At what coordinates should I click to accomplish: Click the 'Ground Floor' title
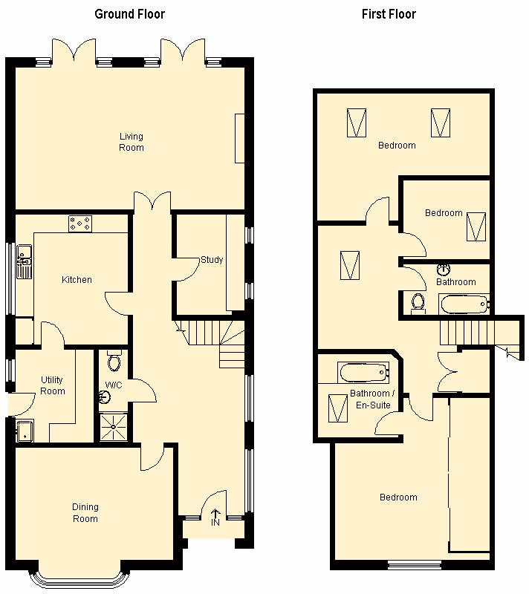pyautogui.click(x=129, y=14)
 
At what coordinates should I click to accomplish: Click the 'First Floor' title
pyautogui.click(x=389, y=14)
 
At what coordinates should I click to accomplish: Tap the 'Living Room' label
pyautogui.click(x=132, y=142)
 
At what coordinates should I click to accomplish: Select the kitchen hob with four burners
pyautogui.click(x=80, y=223)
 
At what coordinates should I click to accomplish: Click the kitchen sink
pyautogui.click(x=24, y=261)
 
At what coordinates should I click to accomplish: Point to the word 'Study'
pyautogui.click(x=212, y=259)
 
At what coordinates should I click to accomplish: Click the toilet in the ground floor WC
pyautogui.click(x=114, y=361)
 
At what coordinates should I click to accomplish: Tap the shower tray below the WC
pyautogui.click(x=114, y=426)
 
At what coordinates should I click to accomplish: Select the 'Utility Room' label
pyautogui.click(x=52, y=385)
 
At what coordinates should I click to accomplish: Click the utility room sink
pyautogui.click(x=25, y=431)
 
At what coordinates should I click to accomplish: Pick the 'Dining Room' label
pyautogui.click(x=85, y=512)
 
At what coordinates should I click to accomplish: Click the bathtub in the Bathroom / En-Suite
pyautogui.click(x=363, y=373)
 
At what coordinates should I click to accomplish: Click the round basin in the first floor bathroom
pyautogui.click(x=444, y=270)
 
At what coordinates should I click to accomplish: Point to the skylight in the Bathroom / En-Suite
pyautogui.click(x=337, y=408)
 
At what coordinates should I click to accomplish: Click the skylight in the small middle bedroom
pyautogui.click(x=476, y=226)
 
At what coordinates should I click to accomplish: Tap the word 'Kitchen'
pyautogui.click(x=77, y=280)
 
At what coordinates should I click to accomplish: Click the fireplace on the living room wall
pyautogui.click(x=239, y=138)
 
